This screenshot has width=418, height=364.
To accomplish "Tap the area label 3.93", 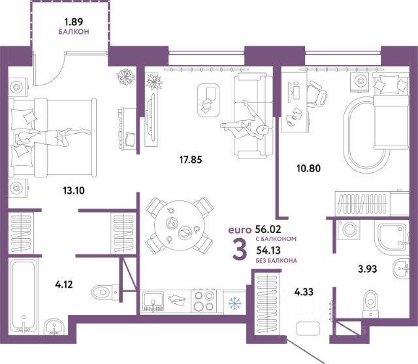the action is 370,267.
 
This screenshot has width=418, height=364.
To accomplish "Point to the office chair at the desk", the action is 318,96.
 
